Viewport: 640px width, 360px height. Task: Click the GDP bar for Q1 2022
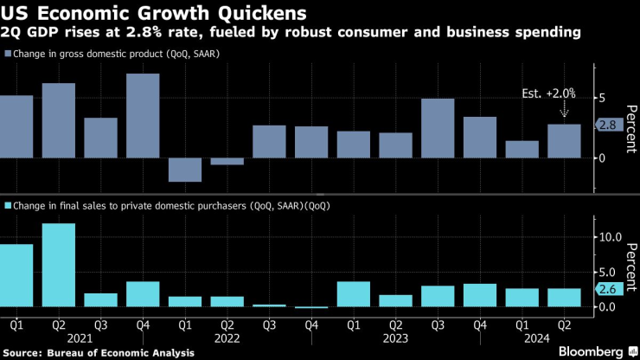[x=185, y=170]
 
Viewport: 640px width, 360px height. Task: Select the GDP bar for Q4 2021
[x=143, y=115]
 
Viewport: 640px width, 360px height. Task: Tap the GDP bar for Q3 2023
[x=438, y=128]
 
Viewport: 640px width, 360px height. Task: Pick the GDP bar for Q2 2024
[x=564, y=141]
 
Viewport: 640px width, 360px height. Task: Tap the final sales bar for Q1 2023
[x=354, y=294]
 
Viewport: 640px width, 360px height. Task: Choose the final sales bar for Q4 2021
[x=143, y=294]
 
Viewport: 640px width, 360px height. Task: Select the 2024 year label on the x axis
[x=543, y=338]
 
